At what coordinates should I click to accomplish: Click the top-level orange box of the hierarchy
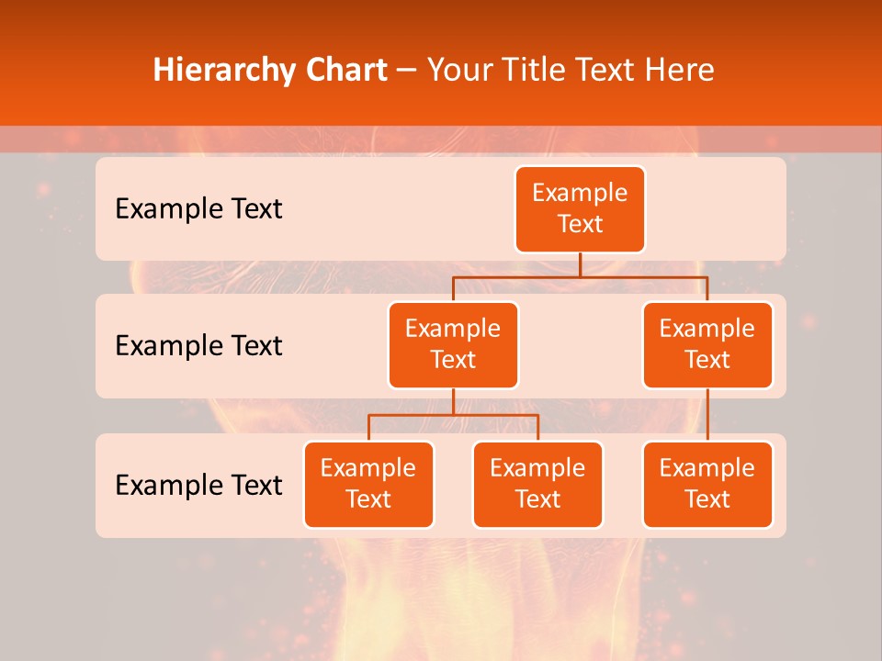(580, 209)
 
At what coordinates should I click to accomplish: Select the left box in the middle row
(453, 345)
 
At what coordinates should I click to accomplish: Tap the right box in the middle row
(707, 345)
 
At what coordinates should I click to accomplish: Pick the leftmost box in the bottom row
(368, 485)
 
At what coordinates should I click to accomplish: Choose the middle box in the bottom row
(537, 485)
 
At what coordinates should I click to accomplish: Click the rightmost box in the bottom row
(707, 485)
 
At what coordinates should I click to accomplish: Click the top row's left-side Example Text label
(198, 209)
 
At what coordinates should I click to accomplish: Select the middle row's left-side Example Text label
(198, 346)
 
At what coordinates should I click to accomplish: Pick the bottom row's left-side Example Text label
(198, 485)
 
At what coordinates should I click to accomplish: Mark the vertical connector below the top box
(580, 264)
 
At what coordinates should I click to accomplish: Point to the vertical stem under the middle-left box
(453, 401)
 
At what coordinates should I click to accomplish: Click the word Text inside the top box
(580, 225)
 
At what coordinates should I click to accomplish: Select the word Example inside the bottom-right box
(707, 468)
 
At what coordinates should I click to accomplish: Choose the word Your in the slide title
(458, 70)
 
